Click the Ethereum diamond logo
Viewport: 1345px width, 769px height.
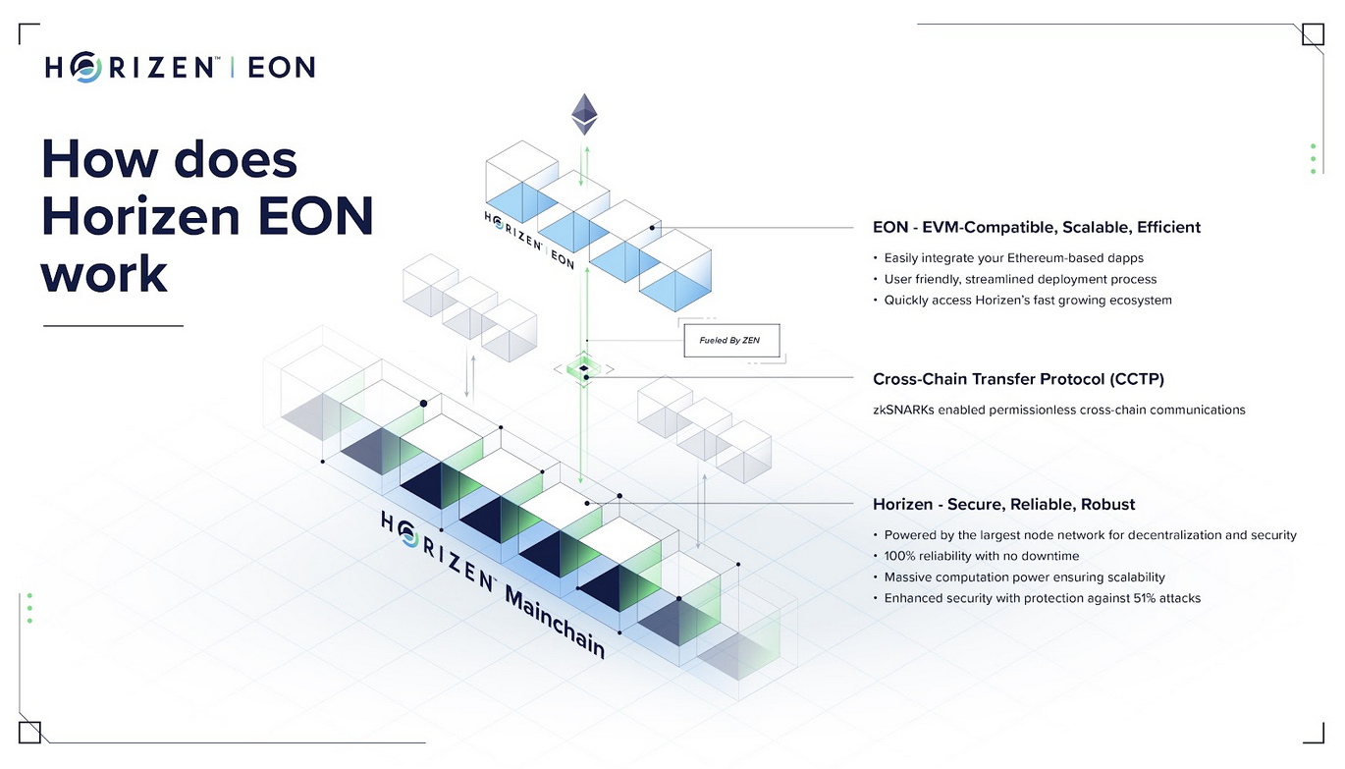(x=583, y=114)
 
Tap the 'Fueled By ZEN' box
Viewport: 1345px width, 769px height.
(x=731, y=341)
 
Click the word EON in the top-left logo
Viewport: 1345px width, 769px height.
(x=281, y=68)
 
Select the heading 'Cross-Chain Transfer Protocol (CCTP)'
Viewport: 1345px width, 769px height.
(x=1018, y=379)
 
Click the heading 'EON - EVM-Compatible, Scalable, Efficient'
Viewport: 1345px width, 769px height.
(x=1037, y=227)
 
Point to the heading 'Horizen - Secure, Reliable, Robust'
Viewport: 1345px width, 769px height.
(x=1004, y=504)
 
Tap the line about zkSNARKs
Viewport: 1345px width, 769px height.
(x=1058, y=410)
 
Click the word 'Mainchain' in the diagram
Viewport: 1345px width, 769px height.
(x=556, y=623)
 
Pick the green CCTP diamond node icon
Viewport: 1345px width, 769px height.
(x=583, y=368)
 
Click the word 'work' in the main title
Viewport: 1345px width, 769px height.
(x=104, y=273)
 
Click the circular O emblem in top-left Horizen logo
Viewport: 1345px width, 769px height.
(x=85, y=67)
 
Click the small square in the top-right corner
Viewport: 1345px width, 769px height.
(x=1314, y=34)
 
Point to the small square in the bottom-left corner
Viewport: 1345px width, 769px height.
(x=29, y=733)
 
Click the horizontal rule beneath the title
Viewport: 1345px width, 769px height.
(x=113, y=326)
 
